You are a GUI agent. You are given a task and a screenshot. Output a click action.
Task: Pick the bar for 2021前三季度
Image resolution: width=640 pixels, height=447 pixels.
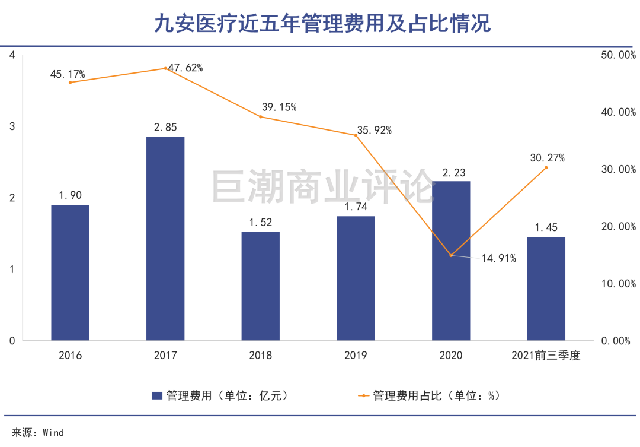pos(546,289)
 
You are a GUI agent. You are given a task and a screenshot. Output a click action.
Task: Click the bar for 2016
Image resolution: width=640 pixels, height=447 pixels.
pos(70,272)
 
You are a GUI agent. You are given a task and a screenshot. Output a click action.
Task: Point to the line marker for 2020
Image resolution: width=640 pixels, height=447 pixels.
pos(451,256)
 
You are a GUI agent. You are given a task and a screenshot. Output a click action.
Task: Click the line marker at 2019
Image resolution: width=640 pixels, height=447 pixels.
pos(356,135)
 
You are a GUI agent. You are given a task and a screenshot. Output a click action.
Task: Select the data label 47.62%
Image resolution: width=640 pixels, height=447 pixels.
pos(186,68)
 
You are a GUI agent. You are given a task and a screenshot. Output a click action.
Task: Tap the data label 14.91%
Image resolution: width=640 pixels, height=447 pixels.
pos(499,258)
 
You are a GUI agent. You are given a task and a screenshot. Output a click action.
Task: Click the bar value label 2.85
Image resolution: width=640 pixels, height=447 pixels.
pos(165,127)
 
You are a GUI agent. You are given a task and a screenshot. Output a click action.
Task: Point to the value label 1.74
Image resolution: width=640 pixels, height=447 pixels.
pos(356,207)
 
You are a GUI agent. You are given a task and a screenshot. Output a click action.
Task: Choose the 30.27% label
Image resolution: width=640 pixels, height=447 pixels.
pos(547,158)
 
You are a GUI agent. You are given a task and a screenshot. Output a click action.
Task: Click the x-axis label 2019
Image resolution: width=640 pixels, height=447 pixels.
pos(356,356)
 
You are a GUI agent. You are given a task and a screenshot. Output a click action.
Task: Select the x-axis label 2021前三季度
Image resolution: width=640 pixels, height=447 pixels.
pos(546,356)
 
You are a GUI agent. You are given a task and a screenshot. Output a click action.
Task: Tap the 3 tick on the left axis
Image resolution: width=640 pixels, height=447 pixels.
pos(12,126)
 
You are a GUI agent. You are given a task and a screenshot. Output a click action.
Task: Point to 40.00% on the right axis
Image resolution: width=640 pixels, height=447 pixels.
pos(618,112)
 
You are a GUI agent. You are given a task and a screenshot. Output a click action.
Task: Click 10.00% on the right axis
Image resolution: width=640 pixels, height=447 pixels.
pos(618,284)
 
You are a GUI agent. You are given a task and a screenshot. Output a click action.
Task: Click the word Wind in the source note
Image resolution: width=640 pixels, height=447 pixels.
pos(53,432)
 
